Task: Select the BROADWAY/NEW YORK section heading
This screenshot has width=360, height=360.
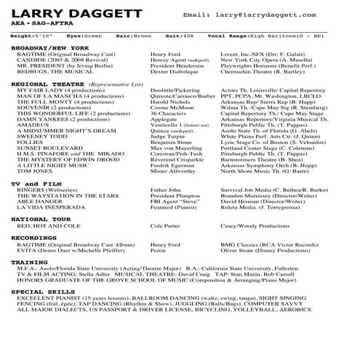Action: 44,47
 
